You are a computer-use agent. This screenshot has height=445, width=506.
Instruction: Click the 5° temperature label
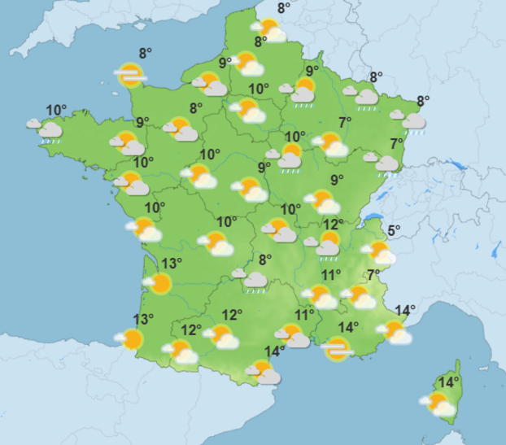click(394, 231)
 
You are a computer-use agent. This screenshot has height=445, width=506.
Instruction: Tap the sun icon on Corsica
click(437, 402)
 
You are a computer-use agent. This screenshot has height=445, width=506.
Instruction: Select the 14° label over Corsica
click(448, 382)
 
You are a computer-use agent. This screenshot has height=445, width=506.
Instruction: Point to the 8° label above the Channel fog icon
click(145, 54)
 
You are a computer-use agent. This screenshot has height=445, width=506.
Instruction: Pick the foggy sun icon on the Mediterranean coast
click(337, 349)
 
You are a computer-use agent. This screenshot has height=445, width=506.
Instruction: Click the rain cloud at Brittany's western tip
click(50, 129)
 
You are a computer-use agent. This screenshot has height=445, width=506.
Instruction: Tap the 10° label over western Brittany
click(56, 110)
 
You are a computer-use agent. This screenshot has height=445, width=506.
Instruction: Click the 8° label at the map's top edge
click(284, 8)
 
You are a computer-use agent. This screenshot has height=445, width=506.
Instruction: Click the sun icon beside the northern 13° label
click(159, 282)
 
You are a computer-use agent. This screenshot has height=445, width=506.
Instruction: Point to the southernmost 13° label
click(143, 319)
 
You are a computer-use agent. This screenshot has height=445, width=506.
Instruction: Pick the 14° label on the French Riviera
click(405, 310)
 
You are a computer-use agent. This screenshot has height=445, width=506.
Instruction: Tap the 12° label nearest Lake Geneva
click(331, 225)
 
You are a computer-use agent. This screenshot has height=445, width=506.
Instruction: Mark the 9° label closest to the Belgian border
click(312, 70)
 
